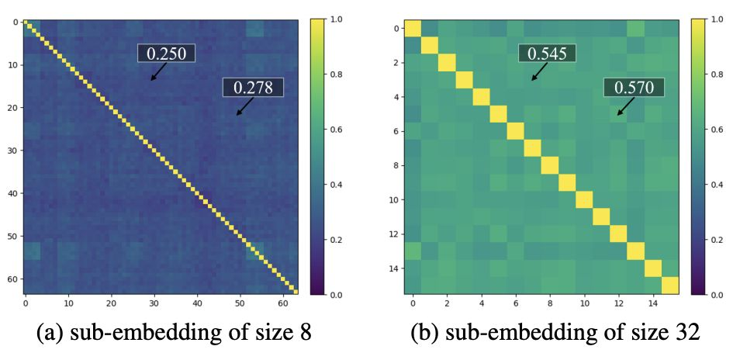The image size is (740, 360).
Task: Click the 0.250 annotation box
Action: (166, 53)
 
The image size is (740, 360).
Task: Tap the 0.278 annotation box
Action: (253, 88)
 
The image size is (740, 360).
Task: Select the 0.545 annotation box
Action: (547, 53)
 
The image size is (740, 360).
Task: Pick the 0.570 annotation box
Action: (633, 88)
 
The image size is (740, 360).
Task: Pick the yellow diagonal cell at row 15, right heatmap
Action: (670, 286)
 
